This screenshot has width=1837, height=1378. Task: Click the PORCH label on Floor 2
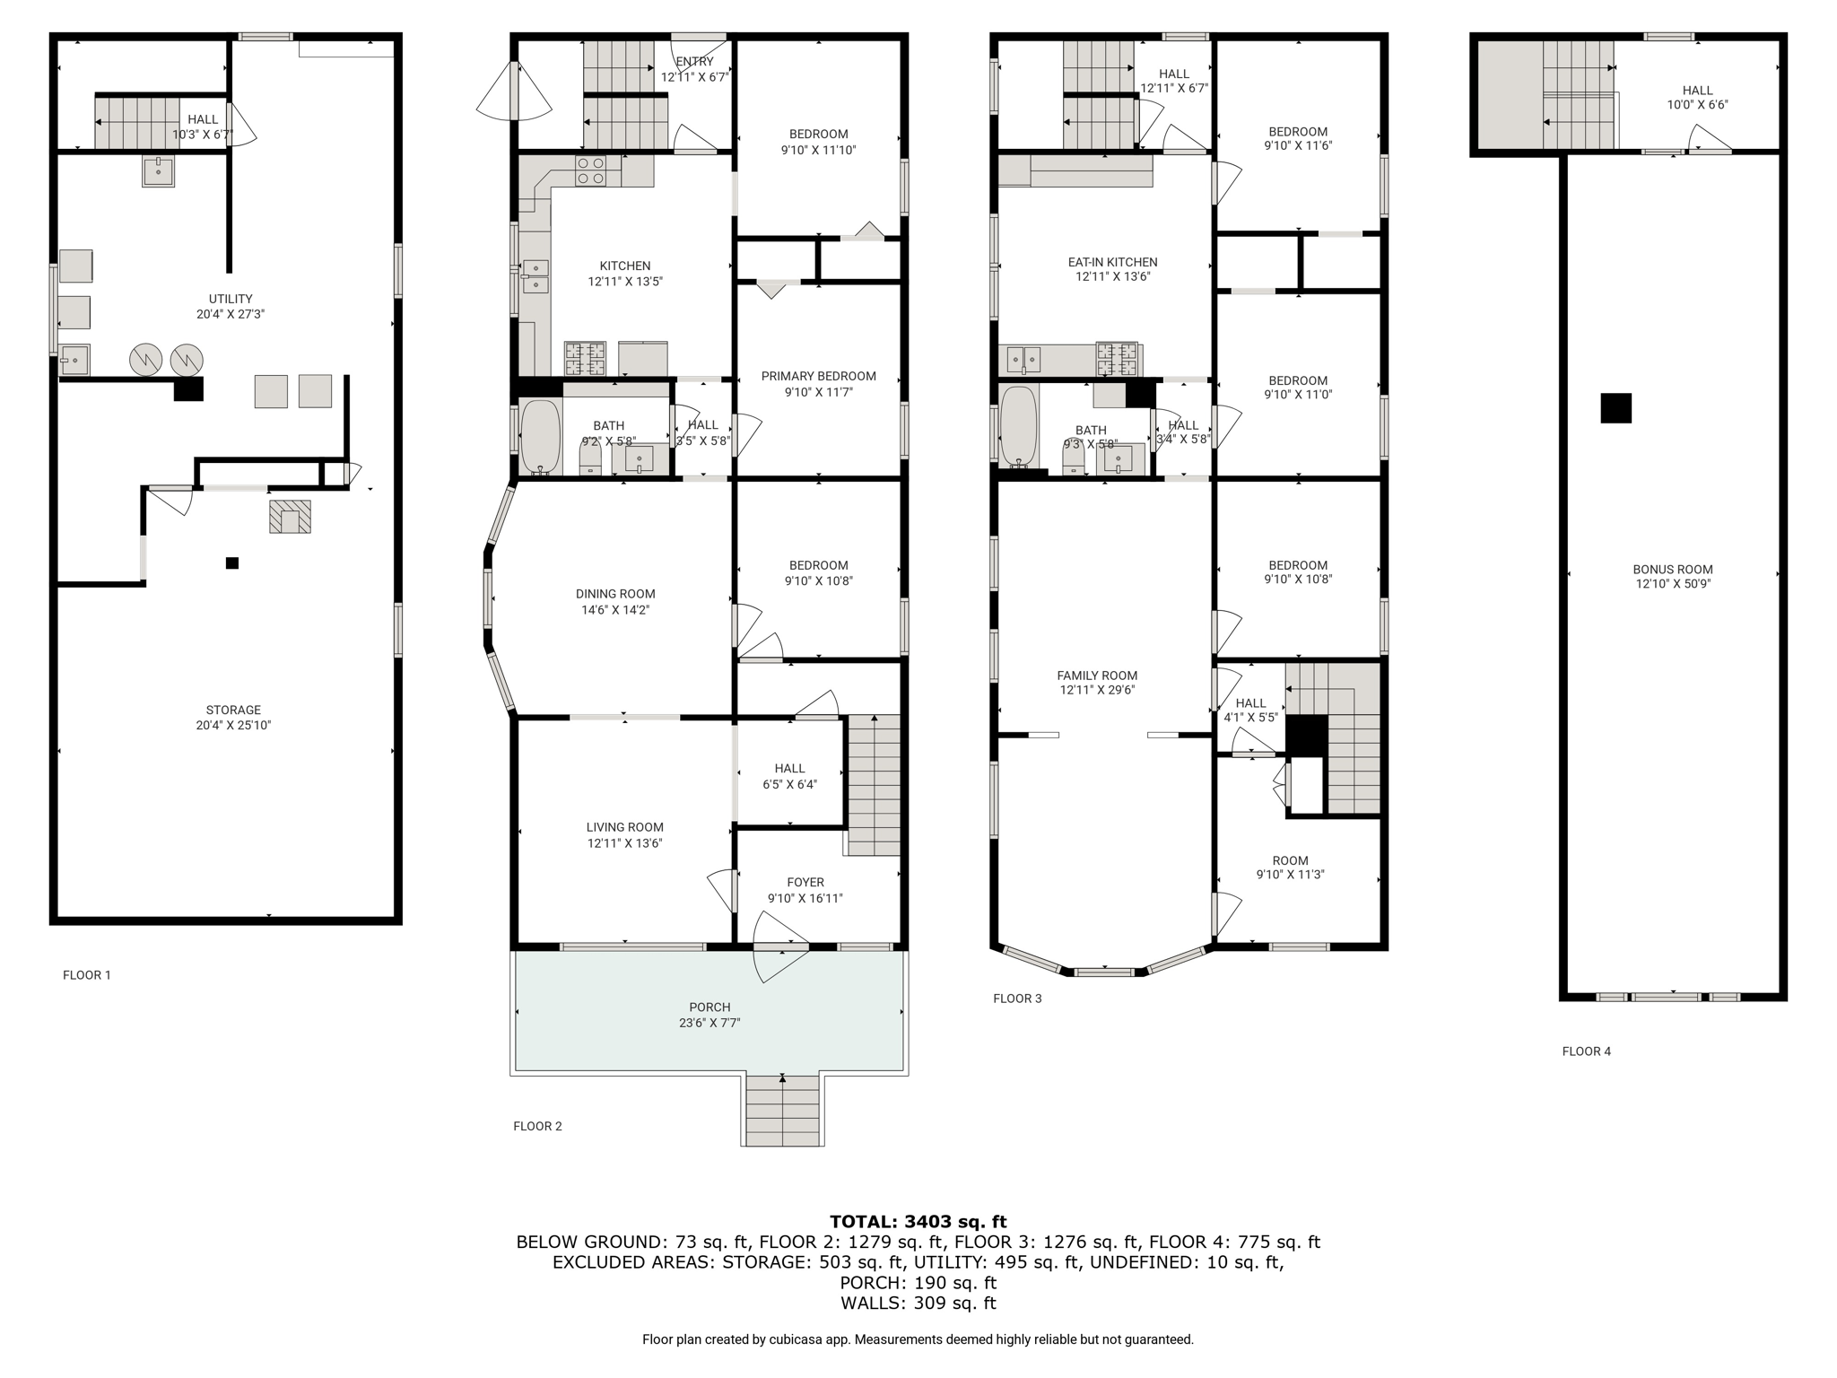click(x=710, y=1007)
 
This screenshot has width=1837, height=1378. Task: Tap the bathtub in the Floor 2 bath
click(x=540, y=437)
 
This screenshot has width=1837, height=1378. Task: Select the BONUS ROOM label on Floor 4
click(x=1672, y=569)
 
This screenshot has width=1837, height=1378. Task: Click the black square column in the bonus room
click(x=1615, y=408)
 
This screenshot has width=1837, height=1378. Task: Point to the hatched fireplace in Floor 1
click(x=290, y=517)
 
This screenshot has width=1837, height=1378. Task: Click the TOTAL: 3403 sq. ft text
click(x=918, y=1221)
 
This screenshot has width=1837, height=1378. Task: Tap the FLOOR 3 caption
click(x=1017, y=998)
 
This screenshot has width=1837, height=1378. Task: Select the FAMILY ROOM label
click(x=1096, y=676)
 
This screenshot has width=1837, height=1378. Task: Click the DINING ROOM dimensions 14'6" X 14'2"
click(x=615, y=610)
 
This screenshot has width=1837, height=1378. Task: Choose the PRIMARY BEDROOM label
click(x=818, y=376)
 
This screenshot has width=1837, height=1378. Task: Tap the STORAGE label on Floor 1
click(x=233, y=710)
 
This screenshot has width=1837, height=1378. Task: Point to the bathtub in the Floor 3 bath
click(x=1018, y=426)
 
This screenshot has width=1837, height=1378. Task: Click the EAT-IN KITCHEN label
click(x=1112, y=262)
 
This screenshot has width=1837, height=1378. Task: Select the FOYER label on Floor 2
click(x=805, y=882)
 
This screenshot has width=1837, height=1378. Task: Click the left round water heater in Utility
click(x=145, y=360)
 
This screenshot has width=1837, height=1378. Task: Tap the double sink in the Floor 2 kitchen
click(x=535, y=276)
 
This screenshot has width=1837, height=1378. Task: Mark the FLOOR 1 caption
click(x=87, y=974)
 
